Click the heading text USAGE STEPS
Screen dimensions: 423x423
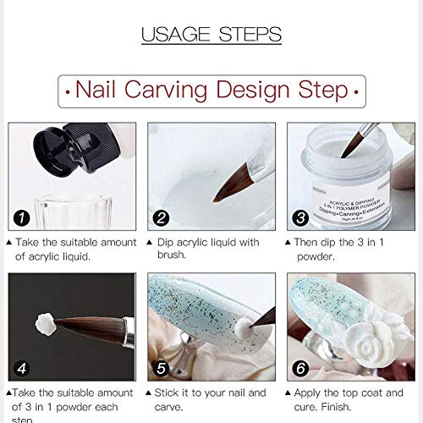[211, 35]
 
